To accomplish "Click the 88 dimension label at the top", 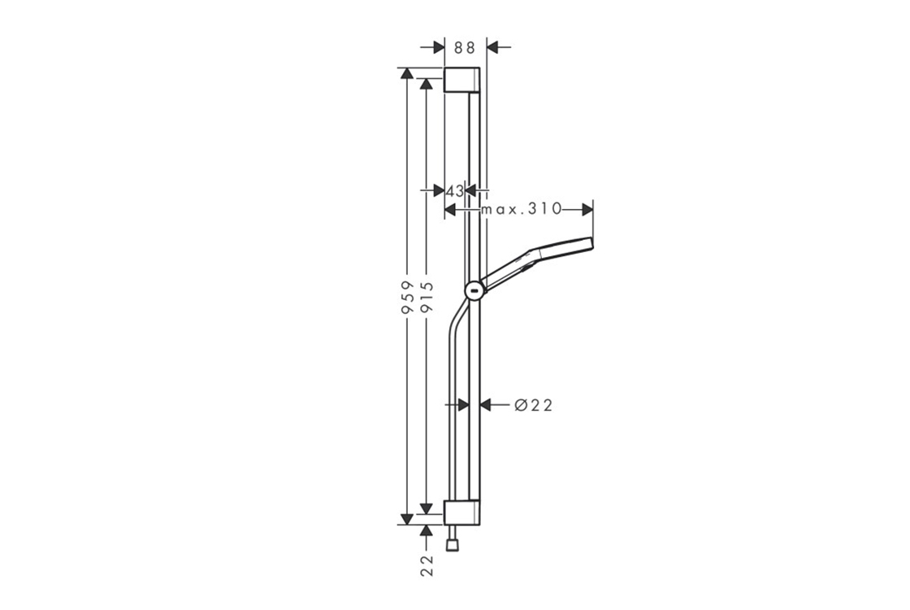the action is click(464, 47).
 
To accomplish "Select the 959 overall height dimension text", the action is click(407, 298).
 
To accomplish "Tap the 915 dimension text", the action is click(427, 298).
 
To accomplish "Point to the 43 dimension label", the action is click(455, 190).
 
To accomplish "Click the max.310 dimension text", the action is click(522, 208).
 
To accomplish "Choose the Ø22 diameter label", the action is click(534, 405).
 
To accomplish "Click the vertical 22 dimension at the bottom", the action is click(427, 565).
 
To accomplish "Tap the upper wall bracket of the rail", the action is click(462, 80).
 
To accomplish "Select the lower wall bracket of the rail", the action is click(462, 512).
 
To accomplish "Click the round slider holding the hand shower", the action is click(474, 290).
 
